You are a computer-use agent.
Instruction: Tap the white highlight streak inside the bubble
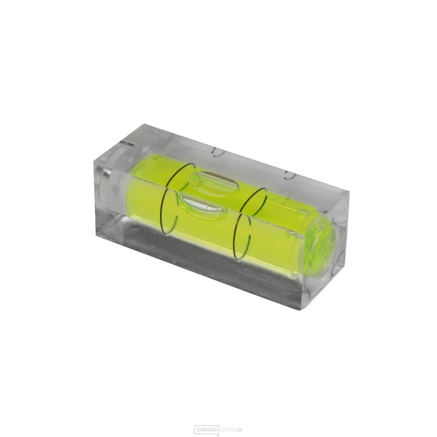click(201, 205)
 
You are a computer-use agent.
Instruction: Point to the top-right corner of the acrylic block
click(349, 193)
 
